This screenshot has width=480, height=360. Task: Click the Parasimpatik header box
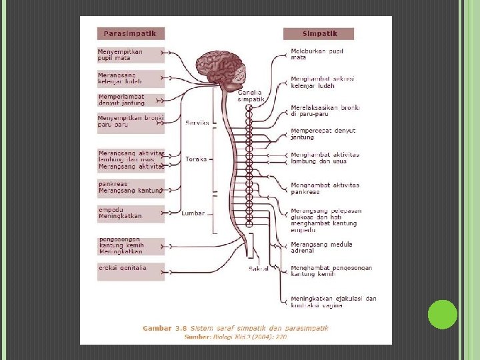131,33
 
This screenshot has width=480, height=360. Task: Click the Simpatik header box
319,33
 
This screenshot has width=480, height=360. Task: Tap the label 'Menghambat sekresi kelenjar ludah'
322,82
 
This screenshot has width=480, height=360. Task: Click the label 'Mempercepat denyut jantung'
323,133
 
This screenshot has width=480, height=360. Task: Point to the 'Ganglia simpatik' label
251,95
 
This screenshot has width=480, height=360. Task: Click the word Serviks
197,123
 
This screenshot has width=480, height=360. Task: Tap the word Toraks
196,159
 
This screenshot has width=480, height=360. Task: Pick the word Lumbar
193,213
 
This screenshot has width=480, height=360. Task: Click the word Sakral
259,269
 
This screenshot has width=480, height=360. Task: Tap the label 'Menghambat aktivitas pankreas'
325,188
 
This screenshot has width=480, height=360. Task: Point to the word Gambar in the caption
156,328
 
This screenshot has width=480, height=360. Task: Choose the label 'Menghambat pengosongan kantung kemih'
331,271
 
